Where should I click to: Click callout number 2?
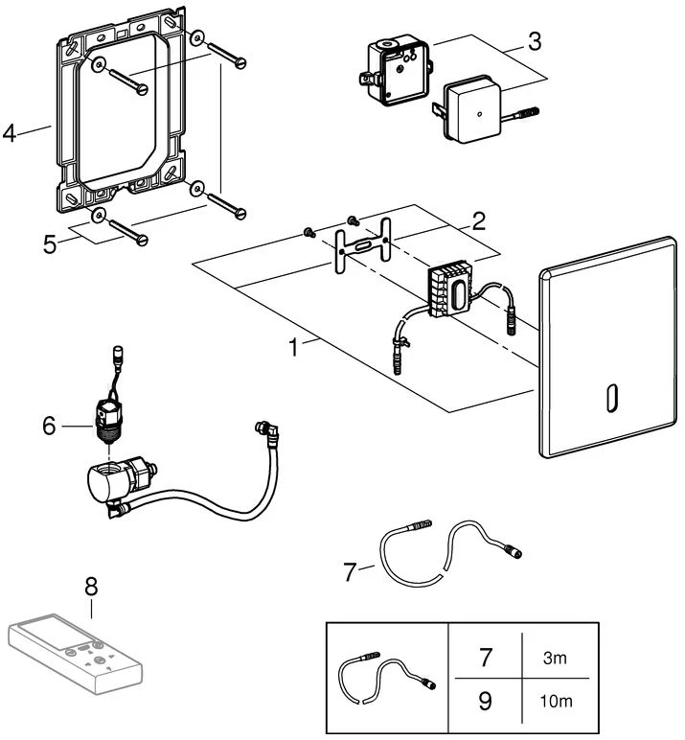pos(477,223)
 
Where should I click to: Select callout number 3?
pos(535,41)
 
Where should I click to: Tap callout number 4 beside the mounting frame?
pos(11,133)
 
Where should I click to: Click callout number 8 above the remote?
pos(91,584)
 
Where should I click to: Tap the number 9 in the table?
pos(486,701)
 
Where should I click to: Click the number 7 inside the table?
pos(486,659)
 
